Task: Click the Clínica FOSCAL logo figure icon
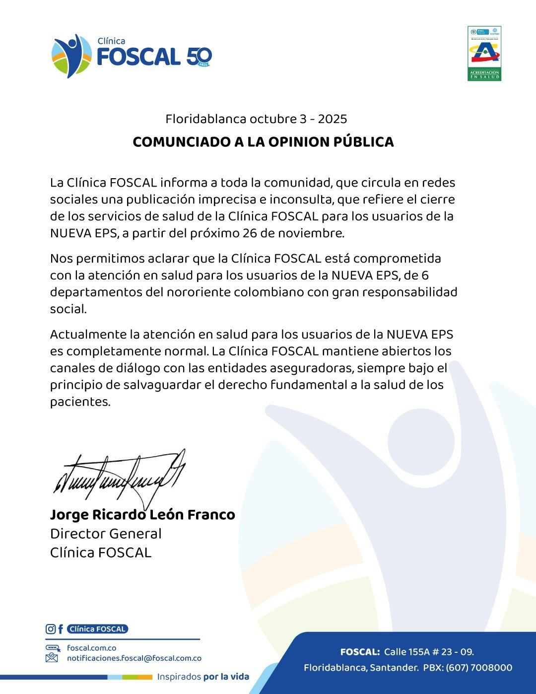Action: pyautogui.click(x=71, y=55)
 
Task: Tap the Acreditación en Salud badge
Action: pyautogui.click(x=484, y=53)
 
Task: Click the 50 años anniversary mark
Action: pyautogui.click(x=199, y=57)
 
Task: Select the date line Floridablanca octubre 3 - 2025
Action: pyautogui.click(x=256, y=119)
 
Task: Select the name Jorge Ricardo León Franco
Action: pyautogui.click(x=142, y=515)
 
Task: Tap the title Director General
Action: pyautogui.click(x=106, y=534)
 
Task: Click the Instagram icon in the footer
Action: pyautogui.click(x=51, y=629)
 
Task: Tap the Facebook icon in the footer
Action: pyautogui.click(x=61, y=629)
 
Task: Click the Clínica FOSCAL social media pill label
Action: pyautogui.click(x=97, y=629)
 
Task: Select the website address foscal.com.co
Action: pyautogui.click(x=91, y=648)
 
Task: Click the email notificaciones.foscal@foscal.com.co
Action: pyautogui.click(x=134, y=658)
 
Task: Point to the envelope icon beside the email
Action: pyautogui.click(x=52, y=658)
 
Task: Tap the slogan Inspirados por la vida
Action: pyautogui.click(x=203, y=677)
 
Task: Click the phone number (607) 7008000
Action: pyautogui.click(x=478, y=668)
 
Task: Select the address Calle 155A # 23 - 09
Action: pyautogui.click(x=429, y=652)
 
